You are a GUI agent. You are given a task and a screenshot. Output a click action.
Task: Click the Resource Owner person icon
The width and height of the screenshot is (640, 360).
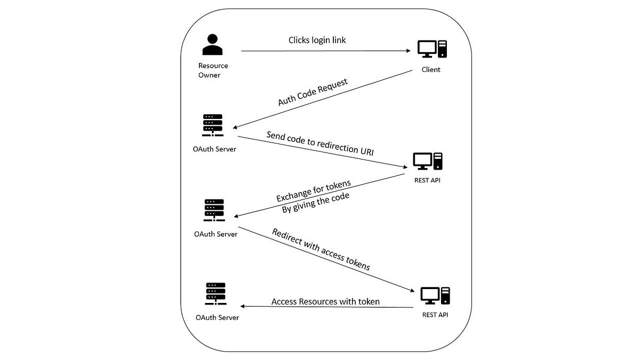point(213,45)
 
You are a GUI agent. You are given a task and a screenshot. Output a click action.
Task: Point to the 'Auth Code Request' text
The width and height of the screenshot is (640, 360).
point(313,92)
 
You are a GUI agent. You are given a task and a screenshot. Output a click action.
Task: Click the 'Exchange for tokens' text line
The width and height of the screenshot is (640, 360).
point(313,190)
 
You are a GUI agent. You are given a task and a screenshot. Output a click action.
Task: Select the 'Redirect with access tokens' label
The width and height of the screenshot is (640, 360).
point(321,250)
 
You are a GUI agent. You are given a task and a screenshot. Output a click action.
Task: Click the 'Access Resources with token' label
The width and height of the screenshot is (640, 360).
point(325,301)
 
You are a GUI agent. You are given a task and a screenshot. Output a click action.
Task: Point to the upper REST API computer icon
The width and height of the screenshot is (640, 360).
point(428,162)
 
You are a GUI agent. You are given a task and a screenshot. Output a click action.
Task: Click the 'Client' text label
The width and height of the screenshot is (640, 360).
point(431,69)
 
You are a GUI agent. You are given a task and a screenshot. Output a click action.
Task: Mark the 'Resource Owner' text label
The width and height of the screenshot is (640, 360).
point(213,70)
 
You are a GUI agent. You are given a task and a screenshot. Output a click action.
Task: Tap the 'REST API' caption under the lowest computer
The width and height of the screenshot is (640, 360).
point(435,315)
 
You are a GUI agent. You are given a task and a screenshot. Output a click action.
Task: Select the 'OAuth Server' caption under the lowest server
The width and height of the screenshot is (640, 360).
point(217,317)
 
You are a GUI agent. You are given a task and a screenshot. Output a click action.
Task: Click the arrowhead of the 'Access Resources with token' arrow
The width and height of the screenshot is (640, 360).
point(243,307)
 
